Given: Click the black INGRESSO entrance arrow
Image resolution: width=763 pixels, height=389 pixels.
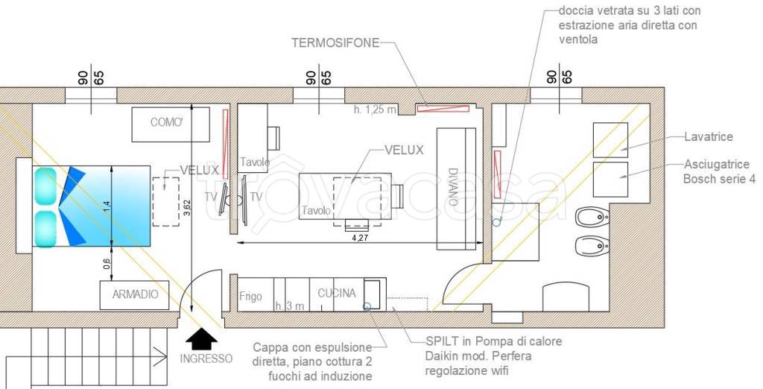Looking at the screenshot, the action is pyautogui.click(x=201, y=339).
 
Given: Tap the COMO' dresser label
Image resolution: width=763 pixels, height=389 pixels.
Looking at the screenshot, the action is pyautogui.click(x=166, y=122).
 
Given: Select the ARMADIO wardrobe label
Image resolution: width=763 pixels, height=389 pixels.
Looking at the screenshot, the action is pyautogui.click(x=136, y=294).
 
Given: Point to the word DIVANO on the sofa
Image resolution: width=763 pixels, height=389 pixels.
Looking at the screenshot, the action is pyautogui.click(x=453, y=187).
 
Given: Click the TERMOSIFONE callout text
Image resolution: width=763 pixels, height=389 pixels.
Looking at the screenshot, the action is pyautogui.click(x=335, y=42).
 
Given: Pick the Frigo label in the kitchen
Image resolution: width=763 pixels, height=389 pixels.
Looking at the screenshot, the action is pyautogui.click(x=250, y=296).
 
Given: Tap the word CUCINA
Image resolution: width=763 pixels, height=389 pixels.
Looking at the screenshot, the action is pyautogui.click(x=337, y=293).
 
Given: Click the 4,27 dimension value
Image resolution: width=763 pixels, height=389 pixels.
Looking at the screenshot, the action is pyautogui.click(x=360, y=238).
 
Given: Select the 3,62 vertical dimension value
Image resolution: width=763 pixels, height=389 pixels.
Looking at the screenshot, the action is pyautogui.click(x=187, y=209).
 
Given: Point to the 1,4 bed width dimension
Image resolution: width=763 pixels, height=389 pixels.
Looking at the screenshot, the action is pyautogui.click(x=107, y=206).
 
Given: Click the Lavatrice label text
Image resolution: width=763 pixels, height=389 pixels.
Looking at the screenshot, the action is pyautogui.click(x=709, y=136).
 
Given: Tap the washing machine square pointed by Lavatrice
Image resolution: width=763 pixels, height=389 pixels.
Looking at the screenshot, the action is pyautogui.click(x=610, y=140).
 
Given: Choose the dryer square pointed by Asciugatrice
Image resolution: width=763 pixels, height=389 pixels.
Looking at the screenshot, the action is pyautogui.click(x=610, y=180).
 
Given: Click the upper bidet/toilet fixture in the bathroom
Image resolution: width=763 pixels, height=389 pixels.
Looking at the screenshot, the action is pyautogui.click(x=592, y=217).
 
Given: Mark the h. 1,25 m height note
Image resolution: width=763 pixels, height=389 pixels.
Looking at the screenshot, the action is pyautogui.click(x=375, y=110).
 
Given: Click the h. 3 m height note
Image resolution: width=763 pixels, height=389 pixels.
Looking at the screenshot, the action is pyautogui.click(x=290, y=306).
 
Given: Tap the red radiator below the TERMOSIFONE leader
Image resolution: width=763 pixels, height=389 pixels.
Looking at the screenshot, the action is pyautogui.click(x=443, y=108).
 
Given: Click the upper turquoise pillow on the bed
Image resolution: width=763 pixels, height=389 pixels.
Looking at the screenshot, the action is pyautogui.click(x=45, y=186).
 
